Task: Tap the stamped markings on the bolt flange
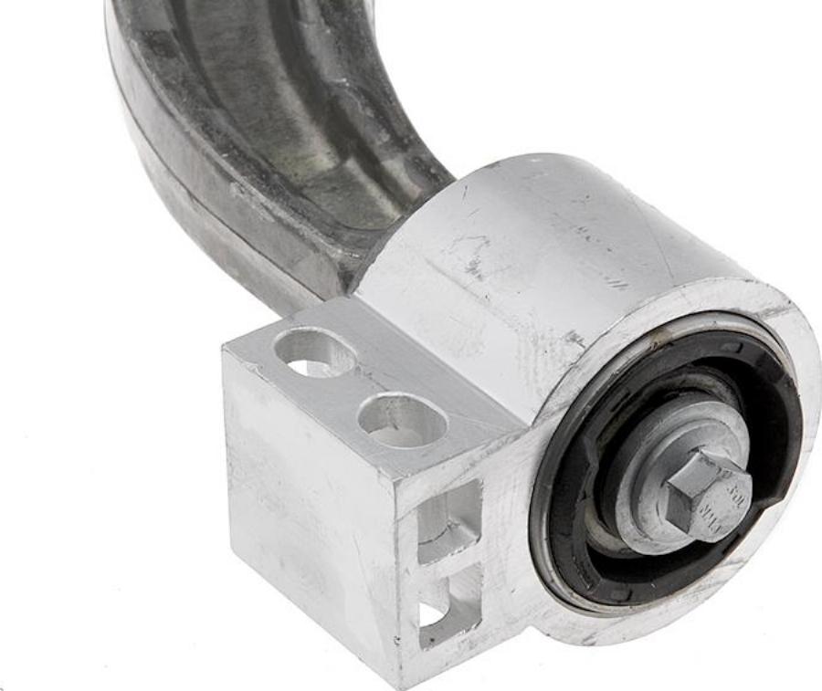pos(731,500)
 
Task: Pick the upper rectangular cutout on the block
pos(448,520)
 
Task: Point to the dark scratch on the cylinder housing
pos(475,265)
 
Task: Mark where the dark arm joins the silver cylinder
pos(384,246)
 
